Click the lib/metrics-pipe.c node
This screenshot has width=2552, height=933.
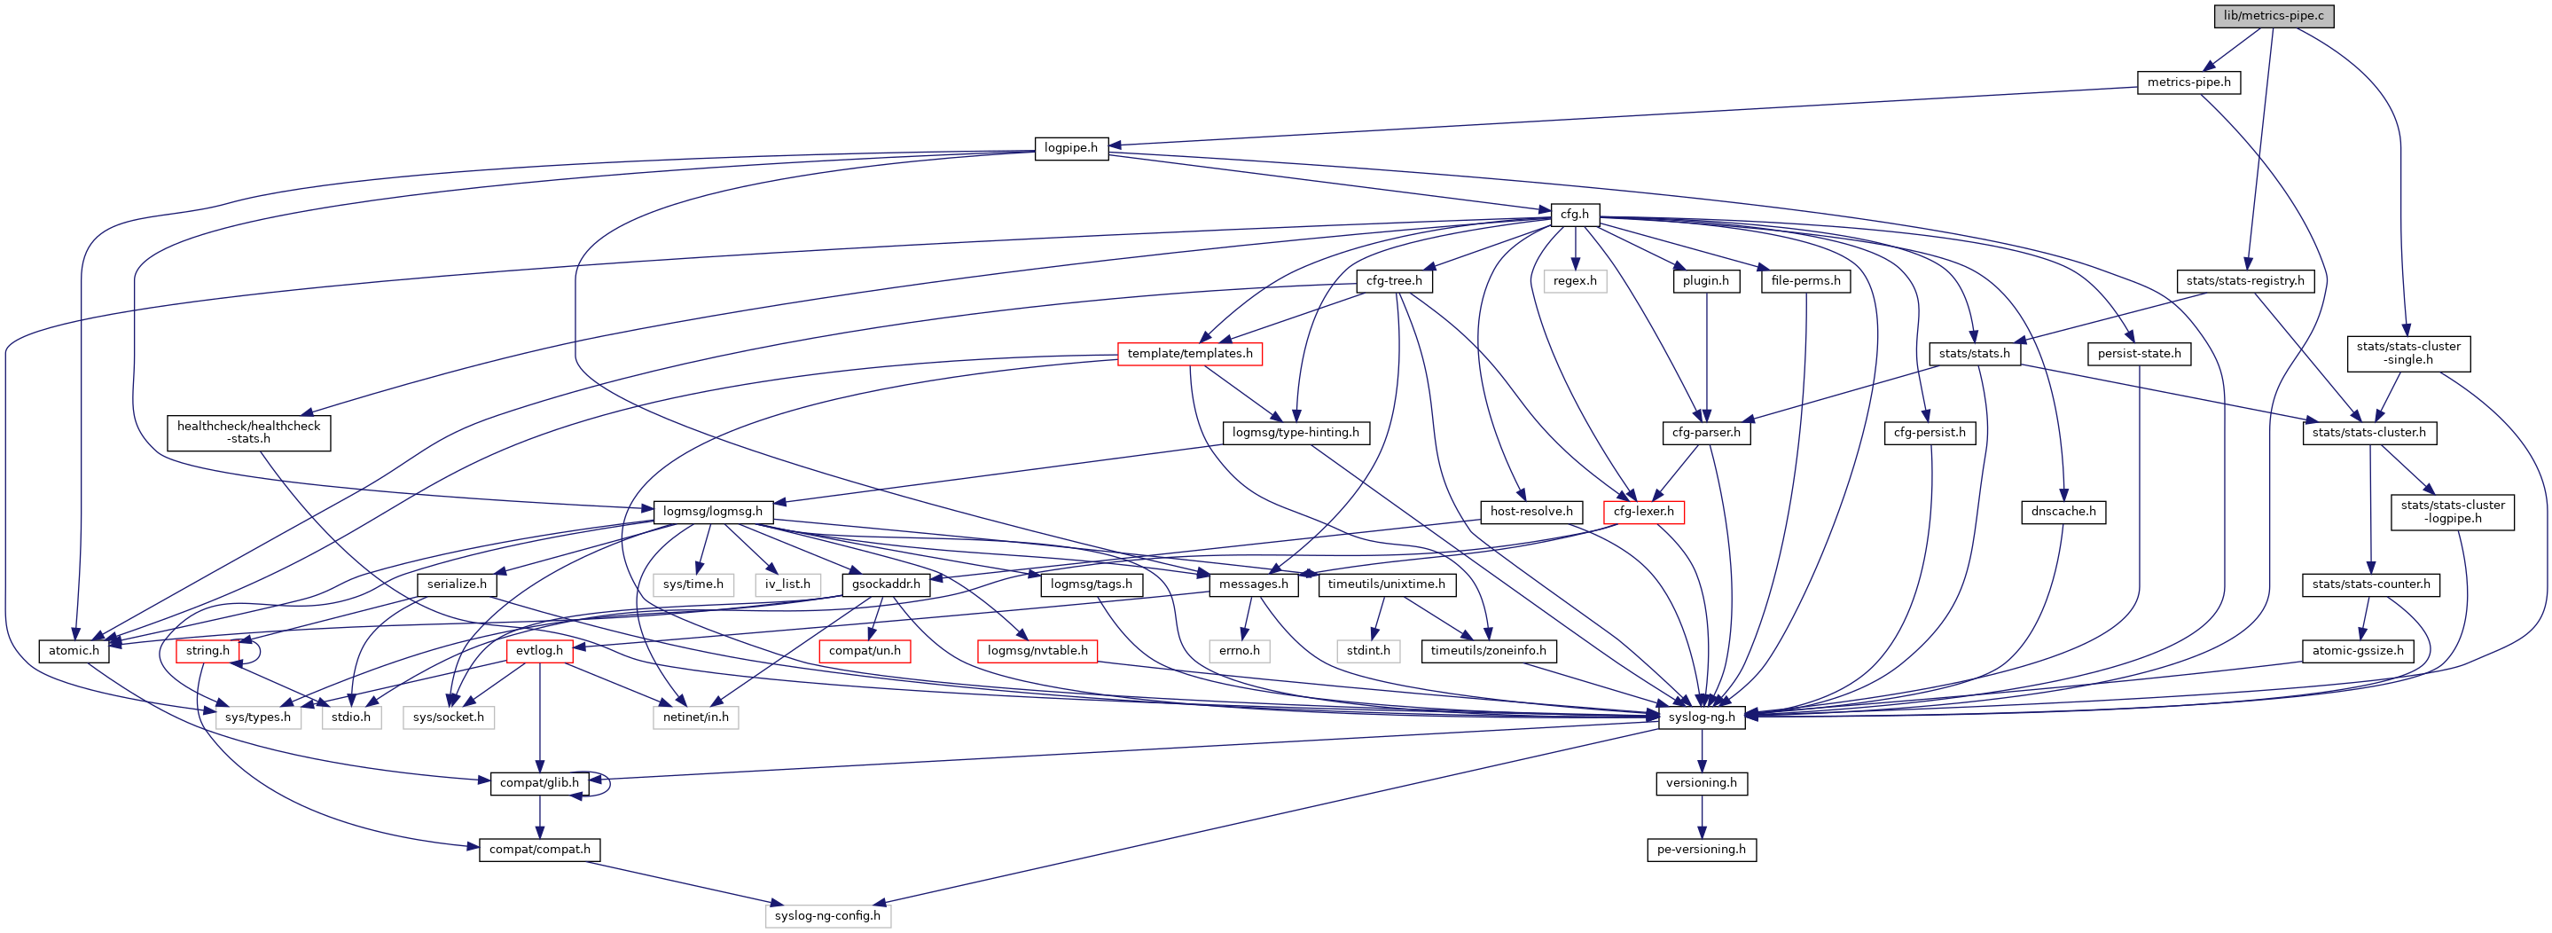(2273, 16)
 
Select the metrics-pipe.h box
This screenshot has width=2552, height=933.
(2188, 82)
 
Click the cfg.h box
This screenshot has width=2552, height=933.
(1574, 214)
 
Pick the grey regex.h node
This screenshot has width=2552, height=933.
(1574, 281)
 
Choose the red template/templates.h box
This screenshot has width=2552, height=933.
(1189, 354)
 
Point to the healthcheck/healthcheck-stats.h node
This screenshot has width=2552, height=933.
(248, 433)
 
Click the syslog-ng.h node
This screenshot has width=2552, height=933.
(1701, 717)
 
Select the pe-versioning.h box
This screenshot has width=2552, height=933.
(1701, 850)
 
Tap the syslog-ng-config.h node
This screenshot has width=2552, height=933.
(827, 916)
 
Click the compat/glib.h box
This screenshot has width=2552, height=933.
(539, 783)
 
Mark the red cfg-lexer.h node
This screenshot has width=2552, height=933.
(1642, 512)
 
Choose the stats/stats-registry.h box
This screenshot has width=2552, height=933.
(2245, 281)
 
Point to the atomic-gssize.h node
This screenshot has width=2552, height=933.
(2357, 651)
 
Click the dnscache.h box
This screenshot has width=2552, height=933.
(2063, 512)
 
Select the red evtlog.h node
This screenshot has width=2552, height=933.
(539, 651)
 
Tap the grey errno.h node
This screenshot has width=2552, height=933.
(1240, 651)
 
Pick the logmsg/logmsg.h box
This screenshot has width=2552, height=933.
(712, 512)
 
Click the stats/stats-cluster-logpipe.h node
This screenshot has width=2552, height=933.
(2452, 512)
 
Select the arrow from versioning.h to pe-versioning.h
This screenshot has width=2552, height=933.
(1701, 816)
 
